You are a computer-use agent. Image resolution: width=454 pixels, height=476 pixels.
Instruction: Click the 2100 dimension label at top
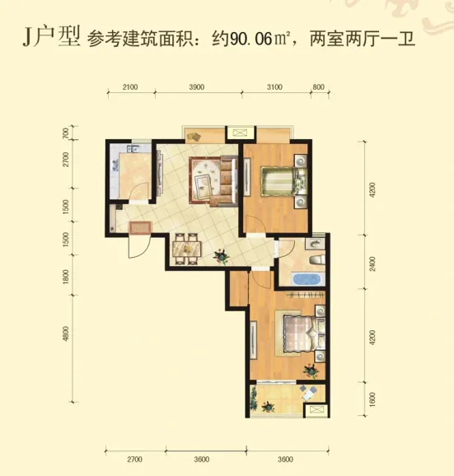[130, 87]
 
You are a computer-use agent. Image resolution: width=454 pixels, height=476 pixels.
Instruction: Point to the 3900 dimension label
[196, 87]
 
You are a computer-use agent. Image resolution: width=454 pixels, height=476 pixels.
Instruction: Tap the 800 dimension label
[318, 87]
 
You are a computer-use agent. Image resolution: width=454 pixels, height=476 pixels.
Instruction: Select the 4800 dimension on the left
[66, 334]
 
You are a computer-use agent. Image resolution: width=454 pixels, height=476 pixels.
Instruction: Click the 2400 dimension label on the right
[372, 264]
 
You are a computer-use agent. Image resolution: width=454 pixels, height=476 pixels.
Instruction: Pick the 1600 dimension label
[372, 399]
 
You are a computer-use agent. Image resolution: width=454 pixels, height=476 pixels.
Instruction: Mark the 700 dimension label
[66, 133]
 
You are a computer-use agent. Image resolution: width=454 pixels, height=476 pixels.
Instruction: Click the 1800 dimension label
[66, 278]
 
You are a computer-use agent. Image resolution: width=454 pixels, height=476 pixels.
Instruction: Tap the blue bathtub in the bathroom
[306, 279]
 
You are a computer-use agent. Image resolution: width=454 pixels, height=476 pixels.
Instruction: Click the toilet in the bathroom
[318, 259]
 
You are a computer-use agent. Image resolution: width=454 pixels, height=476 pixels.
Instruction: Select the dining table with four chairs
[186, 249]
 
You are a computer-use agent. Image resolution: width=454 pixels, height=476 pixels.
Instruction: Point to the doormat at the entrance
[140, 227]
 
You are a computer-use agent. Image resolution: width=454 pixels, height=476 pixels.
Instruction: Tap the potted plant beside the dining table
[221, 257]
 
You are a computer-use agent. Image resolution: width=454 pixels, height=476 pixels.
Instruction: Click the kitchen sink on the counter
[133, 149]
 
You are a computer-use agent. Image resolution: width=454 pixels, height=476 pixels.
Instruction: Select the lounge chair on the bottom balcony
[307, 394]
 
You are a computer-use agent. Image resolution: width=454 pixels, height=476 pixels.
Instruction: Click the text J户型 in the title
[51, 36]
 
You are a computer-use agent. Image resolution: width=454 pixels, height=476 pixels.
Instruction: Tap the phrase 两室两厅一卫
[363, 40]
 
